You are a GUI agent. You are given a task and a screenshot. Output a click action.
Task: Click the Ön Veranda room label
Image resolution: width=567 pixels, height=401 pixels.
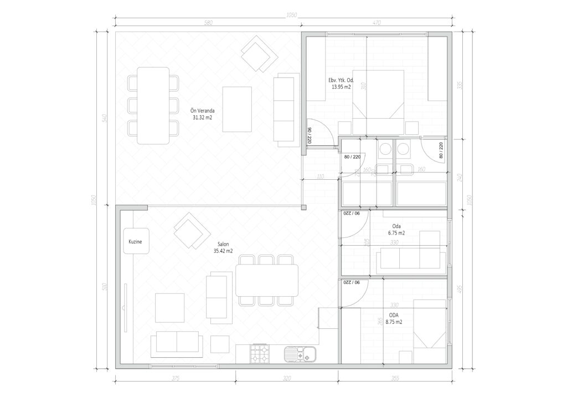point(203,111)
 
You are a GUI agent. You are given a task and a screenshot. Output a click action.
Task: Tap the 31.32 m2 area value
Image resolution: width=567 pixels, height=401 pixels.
point(203,118)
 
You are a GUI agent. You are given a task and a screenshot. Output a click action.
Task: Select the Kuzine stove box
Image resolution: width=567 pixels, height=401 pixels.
point(136,241)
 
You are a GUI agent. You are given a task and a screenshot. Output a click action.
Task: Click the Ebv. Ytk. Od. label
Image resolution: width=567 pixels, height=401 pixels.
point(341,80)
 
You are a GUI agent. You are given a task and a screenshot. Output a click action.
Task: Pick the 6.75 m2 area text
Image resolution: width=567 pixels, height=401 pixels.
point(396,234)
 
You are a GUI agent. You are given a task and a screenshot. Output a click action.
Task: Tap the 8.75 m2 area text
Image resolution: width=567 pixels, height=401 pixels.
point(394,322)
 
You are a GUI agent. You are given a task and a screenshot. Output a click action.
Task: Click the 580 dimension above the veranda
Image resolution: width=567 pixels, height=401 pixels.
point(208,23)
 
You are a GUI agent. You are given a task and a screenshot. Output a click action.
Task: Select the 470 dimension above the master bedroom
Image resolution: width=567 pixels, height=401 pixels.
point(376,23)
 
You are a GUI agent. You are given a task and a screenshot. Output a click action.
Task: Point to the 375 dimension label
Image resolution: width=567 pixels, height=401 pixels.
point(175,379)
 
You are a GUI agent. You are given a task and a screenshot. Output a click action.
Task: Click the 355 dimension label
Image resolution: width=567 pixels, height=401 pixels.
point(395,379)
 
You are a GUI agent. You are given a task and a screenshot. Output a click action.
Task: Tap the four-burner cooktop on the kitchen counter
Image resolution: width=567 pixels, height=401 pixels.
point(260,354)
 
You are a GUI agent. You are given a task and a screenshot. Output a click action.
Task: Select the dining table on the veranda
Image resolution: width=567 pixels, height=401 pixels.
point(153,105)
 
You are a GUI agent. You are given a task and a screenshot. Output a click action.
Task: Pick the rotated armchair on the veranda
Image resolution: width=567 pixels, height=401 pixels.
point(259,54)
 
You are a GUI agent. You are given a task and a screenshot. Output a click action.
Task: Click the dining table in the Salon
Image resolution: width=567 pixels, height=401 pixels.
point(266,280)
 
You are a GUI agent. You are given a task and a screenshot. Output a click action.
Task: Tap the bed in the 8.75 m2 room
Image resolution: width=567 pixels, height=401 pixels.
point(429,331)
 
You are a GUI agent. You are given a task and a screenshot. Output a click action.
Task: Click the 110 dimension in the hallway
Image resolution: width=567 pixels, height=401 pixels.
point(319,177)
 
